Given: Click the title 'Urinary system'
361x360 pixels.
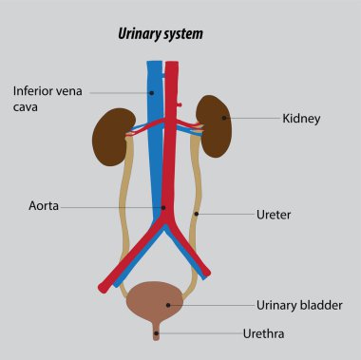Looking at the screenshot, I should [x=160, y=34].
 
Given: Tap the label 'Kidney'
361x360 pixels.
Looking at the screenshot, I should [x=301, y=119].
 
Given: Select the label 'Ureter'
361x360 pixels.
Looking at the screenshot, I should [x=274, y=215].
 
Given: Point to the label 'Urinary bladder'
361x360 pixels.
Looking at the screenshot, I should [x=299, y=305].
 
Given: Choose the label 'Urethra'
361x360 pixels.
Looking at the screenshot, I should [x=263, y=333].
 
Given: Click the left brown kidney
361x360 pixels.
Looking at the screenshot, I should [x=111, y=138].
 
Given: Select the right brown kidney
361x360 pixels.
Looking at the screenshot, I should [x=215, y=126].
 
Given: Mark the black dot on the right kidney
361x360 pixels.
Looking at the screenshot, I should [x=224, y=119].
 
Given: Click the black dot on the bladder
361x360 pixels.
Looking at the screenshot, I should [x=168, y=305].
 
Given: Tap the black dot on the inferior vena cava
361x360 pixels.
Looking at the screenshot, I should [x=151, y=92].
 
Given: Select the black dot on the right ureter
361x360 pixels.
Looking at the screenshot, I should [x=197, y=214].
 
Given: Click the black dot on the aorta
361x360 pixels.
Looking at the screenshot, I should [x=162, y=206].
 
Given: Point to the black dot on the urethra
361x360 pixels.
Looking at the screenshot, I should [x=158, y=333].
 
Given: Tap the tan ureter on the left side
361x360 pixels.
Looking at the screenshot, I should [x=122, y=218].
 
